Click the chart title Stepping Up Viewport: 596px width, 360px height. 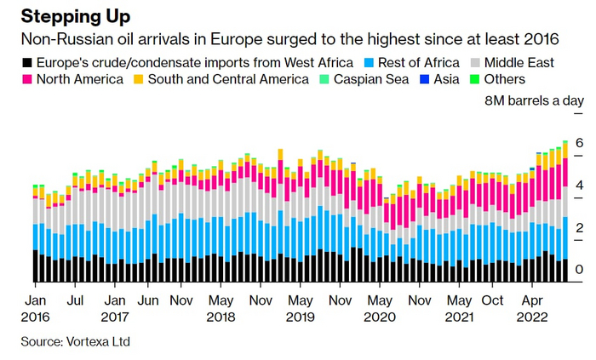77,16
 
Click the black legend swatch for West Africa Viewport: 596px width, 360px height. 28,63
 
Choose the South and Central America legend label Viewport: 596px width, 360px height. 227,80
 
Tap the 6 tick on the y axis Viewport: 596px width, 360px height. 579,142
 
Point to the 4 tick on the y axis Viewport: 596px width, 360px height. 579,185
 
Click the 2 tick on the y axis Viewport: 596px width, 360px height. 579,227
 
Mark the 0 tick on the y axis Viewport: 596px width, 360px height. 579,270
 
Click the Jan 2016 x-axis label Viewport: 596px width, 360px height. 36,308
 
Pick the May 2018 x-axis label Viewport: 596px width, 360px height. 221,308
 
